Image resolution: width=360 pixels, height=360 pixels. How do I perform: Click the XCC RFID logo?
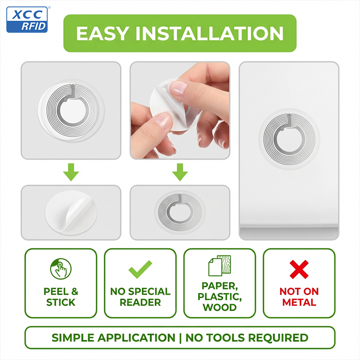pos(27,19)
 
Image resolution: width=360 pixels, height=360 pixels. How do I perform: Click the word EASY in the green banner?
pos(103,33)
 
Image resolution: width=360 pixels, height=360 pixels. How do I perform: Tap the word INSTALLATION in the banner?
pos(210,33)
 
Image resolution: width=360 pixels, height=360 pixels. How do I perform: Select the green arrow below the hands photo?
pos(180,172)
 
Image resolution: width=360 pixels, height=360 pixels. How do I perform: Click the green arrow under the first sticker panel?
pos(71,172)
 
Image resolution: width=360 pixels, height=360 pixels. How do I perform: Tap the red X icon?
pos(299,269)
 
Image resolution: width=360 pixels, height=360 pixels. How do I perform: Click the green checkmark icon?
pos(140,269)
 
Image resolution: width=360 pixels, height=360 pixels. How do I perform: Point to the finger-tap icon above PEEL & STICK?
pos(61,269)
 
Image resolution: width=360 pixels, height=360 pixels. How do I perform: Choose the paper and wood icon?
pos(220,265)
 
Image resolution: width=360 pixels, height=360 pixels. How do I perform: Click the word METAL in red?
pos(299,302)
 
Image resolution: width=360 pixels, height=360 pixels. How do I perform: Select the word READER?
pos(140,302)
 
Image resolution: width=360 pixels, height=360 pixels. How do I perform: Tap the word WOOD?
pos(220,307)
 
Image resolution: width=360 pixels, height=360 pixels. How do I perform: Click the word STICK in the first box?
pos(61,302)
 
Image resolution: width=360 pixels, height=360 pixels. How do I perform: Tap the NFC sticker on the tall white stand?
pos(289,139)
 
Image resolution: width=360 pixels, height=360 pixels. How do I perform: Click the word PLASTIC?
pos(220,297)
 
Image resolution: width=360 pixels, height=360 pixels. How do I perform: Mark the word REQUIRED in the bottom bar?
pos(278,338)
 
